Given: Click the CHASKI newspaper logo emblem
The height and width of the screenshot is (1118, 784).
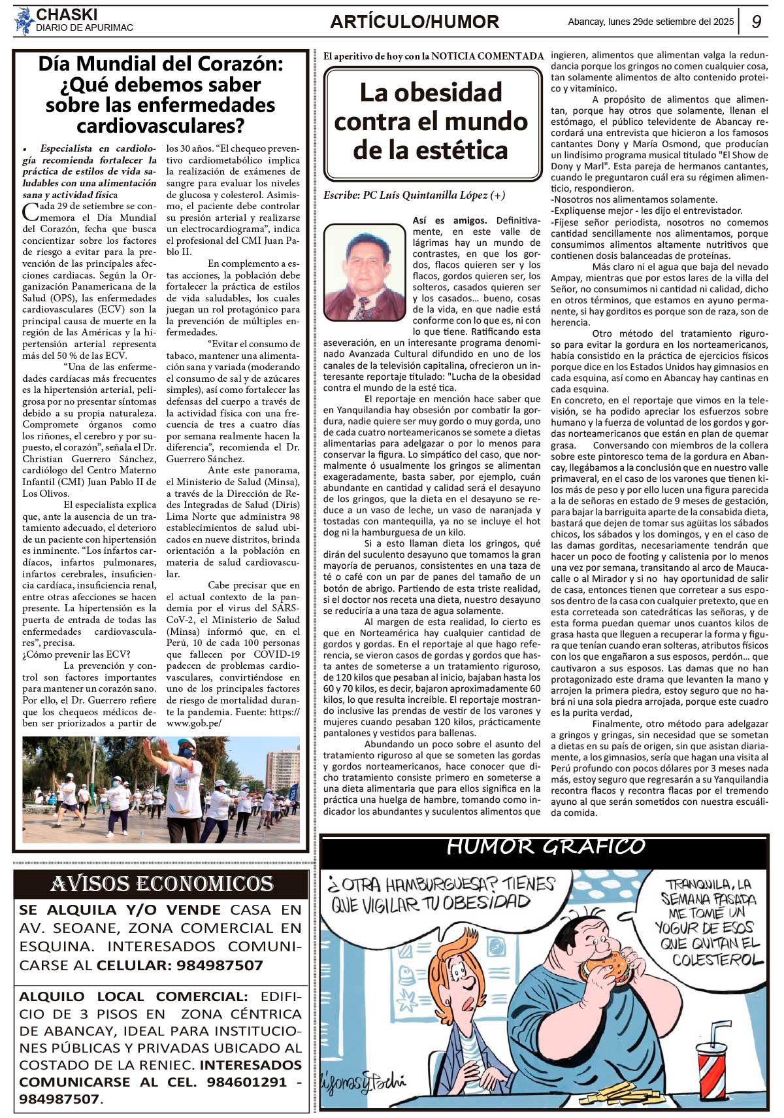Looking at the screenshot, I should pos(24,21).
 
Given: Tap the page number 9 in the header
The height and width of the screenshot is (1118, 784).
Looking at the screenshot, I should pos(757,22).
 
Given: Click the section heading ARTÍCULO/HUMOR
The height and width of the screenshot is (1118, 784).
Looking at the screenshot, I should pos(414,22).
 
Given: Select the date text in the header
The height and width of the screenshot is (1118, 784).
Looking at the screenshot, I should pos(651,22).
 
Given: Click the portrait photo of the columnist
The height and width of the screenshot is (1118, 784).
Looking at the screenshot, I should pos(365,272).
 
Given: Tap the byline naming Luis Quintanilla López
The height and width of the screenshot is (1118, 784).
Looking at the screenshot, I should pos(414,195).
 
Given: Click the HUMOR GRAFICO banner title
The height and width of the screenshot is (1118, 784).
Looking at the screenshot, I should pos(546,847).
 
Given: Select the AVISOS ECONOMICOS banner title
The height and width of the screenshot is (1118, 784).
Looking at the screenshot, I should pos(161,884).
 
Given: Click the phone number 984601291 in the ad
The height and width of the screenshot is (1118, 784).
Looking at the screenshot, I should pos(247,1082).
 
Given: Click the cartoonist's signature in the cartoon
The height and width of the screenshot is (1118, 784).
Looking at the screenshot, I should pos(364,1082).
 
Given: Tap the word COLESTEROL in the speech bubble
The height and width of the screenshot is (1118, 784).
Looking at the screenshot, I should pos(717,960).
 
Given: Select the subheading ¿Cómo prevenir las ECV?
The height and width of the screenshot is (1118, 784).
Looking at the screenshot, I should pos(76,654).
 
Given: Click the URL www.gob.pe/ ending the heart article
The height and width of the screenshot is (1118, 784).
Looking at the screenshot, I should pos(194,723).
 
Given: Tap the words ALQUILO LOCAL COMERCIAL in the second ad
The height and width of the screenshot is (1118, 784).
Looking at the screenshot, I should pos(133,996).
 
